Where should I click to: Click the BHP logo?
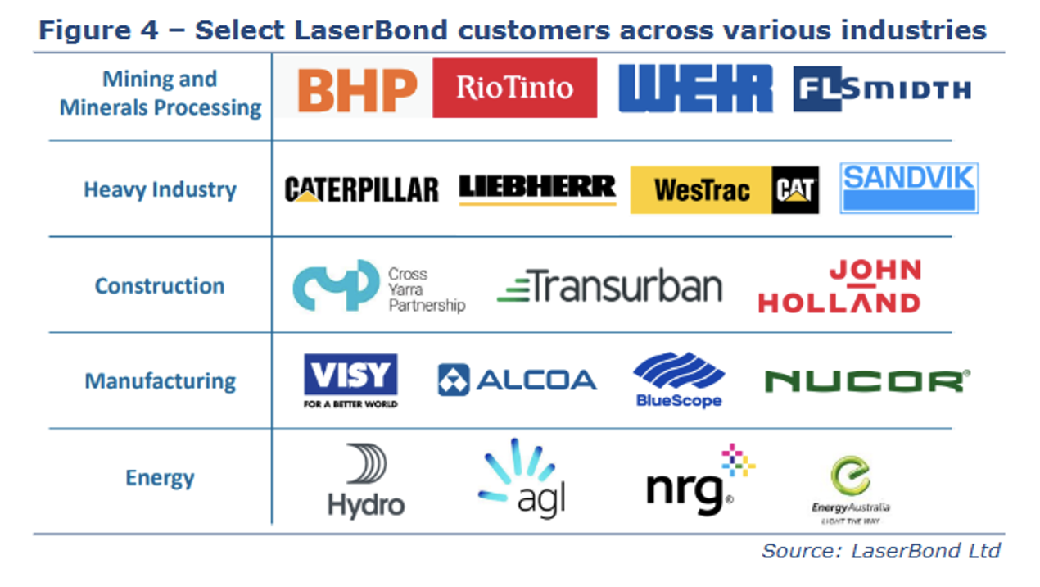pos(357,89)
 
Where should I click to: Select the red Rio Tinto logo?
pos(514,88)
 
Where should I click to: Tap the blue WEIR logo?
pos(695,89)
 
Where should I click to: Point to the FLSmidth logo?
pos(882,89)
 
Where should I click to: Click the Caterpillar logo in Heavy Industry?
pos(361,190)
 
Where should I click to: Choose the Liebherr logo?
pos(537,189)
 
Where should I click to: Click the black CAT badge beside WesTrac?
pos(794,190)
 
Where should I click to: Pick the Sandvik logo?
pos(909,189)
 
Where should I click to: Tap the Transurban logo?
pos(610,287)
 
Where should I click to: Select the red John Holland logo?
pos(839,287)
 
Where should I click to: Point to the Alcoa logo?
pos(517,380)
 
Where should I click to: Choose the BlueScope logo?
pos(679,380)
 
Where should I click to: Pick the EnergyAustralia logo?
pos(851,489)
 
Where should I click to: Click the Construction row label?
pos(160,286)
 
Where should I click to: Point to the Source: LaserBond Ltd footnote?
pos(880,551)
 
